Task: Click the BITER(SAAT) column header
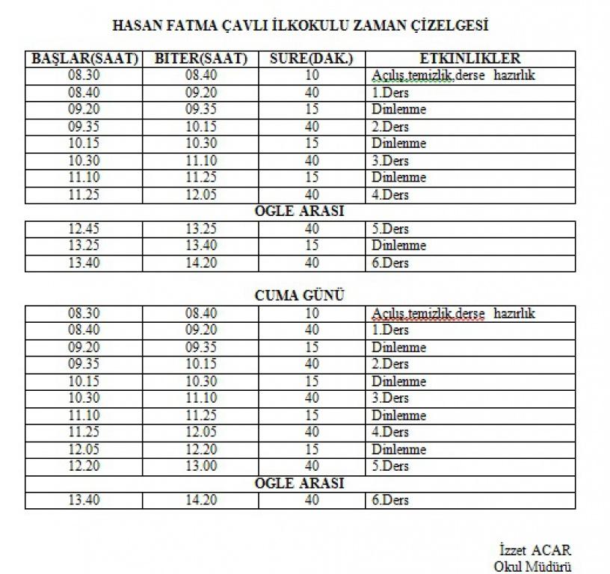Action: point(200,59)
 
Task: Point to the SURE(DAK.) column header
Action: point(312,59)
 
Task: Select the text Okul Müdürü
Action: point(532,566)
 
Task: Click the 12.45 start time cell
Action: point(84,229)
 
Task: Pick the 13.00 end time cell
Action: point(200,466)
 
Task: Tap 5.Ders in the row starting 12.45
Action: point(390,229)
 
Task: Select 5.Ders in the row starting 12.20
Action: point(390,466)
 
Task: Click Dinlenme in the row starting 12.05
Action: point(398,449)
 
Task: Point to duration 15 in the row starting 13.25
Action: point(312,246)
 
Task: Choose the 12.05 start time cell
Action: point(84,449)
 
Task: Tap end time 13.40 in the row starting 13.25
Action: point(200,246)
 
